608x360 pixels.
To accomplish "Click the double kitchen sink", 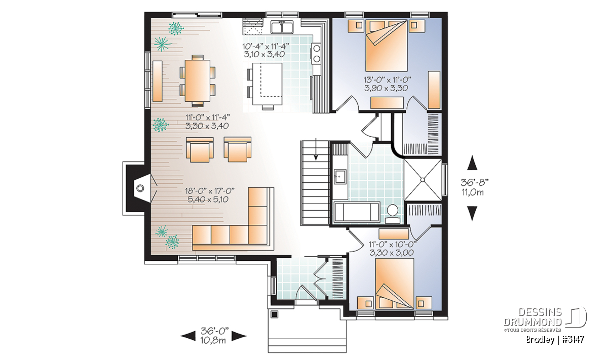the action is click(282, 27).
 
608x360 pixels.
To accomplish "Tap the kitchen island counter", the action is click(268, 84).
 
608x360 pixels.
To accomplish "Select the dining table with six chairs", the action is click(198, 81).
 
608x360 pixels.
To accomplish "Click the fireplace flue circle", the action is click(140, 188).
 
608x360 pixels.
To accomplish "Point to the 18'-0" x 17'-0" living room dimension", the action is click(210, 195).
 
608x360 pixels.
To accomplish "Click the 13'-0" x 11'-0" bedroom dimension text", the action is click(387, 84).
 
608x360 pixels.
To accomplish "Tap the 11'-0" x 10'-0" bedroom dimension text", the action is click(392, 249).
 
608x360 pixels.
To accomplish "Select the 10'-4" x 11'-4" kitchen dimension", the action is click(265, 50).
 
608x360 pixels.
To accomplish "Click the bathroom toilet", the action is click(393, 214).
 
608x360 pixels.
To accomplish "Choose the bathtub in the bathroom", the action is click(357, 212).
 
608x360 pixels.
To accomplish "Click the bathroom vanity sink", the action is click(340, 177).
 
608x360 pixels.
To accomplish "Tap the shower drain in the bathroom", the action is click(423, 180).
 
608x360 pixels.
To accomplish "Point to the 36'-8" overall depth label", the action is click(474, 187).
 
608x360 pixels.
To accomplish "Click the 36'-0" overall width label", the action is click(214, 335).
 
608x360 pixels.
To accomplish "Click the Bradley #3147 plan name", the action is click(555, 340).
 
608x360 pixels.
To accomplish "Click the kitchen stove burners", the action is click(317, 54).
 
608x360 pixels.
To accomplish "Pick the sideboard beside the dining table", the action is click(158, 81).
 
